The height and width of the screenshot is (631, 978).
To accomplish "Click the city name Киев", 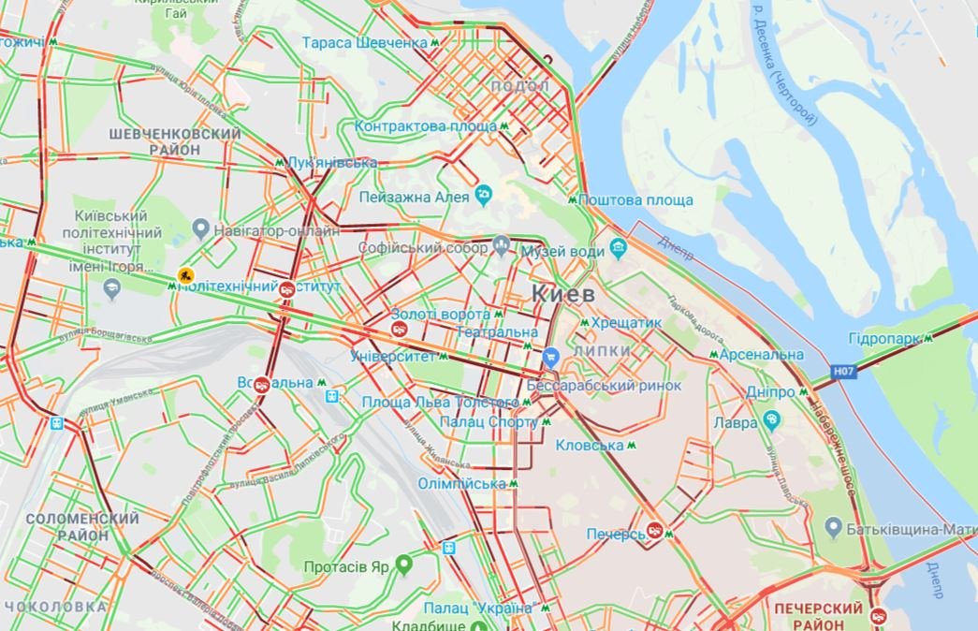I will pyautogui.click(x=563, y=294).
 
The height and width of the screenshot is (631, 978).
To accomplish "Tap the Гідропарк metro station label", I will pyautogui.click(x=884, y=338).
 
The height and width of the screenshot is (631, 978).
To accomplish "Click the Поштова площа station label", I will pyautogui.click(x=635, y=200).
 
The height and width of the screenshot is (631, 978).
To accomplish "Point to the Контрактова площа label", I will pyautogui.click(x=426, y=125).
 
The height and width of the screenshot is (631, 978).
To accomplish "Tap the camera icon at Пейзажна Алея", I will pyautogui.click(x=484, y=196).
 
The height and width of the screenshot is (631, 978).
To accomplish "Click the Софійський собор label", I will pyautogui.click(x=424, y=248).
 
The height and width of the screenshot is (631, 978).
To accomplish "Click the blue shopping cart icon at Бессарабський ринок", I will pyautogui.click(x=551, y=356).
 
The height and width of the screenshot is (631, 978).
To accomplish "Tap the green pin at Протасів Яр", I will pyautogui.click(x=404, y=564).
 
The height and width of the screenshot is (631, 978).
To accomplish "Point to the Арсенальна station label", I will pyautogui.click(x=763, y=355).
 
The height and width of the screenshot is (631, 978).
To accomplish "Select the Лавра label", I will pyautogui.click(x=738, y=422).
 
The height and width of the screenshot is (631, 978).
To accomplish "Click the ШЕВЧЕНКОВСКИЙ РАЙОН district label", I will pyautogui.click(x=174, y=141).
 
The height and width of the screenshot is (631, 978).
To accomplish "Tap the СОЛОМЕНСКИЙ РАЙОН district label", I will pyautogui.click(x=82, y=526).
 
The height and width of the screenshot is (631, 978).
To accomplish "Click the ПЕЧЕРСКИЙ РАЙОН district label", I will pyautogui.click(x=819, y=617).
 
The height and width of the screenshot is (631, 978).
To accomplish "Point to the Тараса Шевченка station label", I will pyautogui.click(x=365, y=43).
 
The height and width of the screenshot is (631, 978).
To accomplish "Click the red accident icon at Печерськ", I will pyautogui.click(x=655, y=531).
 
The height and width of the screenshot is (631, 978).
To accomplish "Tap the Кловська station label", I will pyautogui.click(x=589, y=446).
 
